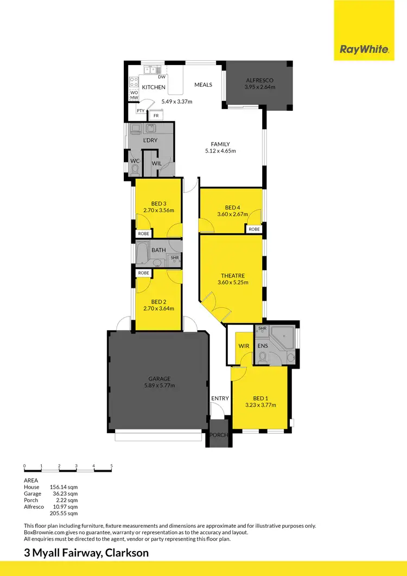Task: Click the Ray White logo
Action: point(364,49)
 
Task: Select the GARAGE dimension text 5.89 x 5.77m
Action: point(160,385)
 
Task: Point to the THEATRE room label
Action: point(232,275)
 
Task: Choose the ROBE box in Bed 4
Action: point(254,230)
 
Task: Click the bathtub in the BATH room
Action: point(142,252)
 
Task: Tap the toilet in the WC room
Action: point(135,169)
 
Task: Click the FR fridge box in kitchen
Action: point(156,116)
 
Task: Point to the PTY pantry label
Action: point(141,111)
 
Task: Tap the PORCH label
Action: point(219,435)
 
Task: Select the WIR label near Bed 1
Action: point(243,346)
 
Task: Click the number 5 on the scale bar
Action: point(111,466)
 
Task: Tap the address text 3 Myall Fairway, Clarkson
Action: point(86,553)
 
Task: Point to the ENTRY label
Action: point(220,398)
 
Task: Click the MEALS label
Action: point(203,85)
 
